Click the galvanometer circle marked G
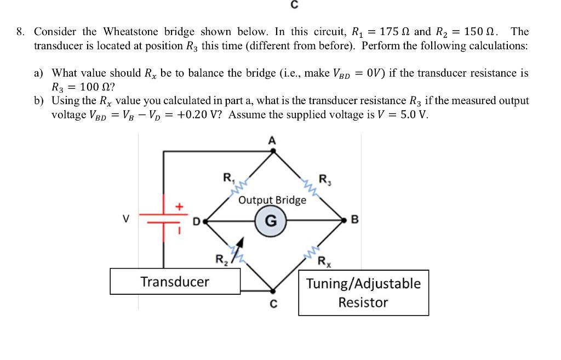coord(271,221)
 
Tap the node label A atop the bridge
coord(271,140)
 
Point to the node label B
coord(353,221)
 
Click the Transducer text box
coord(175,282)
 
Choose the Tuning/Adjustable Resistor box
coord(363,293)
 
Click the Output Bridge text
coord(272,200)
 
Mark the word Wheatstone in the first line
coord(129,32)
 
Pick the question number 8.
coord(20,32)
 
